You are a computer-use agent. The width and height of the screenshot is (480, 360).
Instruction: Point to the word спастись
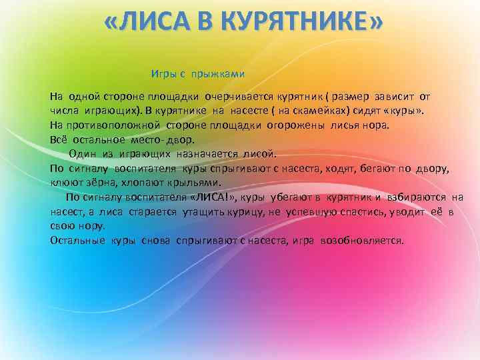(x=373, y=212)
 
